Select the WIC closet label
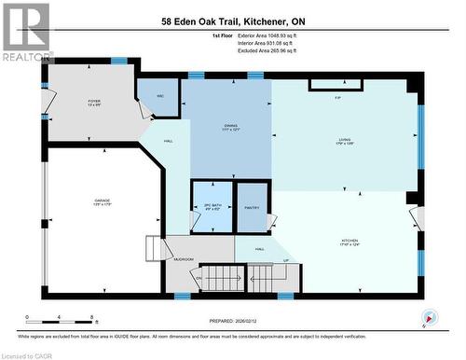[160, 95]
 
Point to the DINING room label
[230, 126]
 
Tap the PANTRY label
[251, 209]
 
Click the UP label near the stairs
[285, 259]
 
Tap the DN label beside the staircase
[199, 277]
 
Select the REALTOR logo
[26, 32]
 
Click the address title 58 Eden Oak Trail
[232, 21]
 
